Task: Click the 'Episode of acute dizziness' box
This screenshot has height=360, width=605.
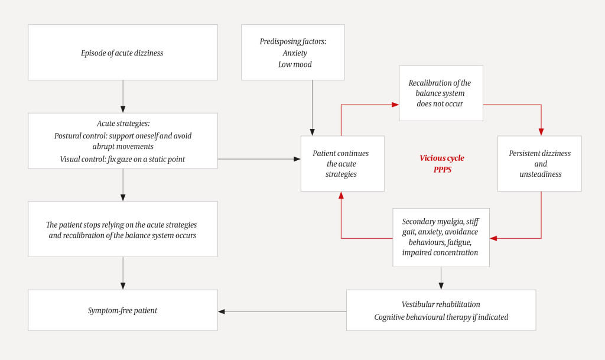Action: pyautogui.click(x=122, y=53)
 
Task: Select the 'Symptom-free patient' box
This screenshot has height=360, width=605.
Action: pyautogui.click(x=122, y=310)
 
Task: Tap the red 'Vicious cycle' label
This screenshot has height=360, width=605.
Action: pyautogui.click(x=441, y=158)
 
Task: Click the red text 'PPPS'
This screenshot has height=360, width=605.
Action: pyautogui.click(x=442, y=170)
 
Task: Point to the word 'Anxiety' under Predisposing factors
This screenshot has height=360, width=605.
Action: pyautogui.click(x=294, y=53)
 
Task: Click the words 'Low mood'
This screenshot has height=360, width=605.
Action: pyautogui.click(x=294, y=64)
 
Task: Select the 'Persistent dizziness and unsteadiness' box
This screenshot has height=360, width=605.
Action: pyautogui.click(x=539, y=163)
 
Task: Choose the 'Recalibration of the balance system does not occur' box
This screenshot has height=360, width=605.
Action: pyautogui.click(x=440, y=93)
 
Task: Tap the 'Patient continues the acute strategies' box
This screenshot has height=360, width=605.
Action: pyautogui.click(x=341, y=163)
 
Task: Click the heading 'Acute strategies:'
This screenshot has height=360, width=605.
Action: pyautogui.click(x=123, y=124)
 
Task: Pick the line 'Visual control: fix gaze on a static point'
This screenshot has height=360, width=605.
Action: pyautogui.click(x=122, y=159)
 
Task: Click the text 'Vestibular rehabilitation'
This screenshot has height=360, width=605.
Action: pyautogui.click(x=440, y=304)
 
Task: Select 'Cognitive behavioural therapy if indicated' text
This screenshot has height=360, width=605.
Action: pyautogui.click(x=441, y=317)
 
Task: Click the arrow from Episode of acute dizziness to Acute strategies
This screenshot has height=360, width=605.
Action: pyautogui.click(x=123, y=96)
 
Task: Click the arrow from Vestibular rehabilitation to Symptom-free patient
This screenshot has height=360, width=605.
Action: pyautogui.click(x=282, y=312)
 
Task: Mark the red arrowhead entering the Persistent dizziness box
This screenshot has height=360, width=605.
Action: pyautogui.click(x=541, y=131)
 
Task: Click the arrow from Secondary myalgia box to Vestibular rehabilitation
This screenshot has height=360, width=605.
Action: pyautogui.click(x=441, y=278)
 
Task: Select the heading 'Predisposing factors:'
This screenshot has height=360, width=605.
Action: pyautogui.click(x=293, y=41)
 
